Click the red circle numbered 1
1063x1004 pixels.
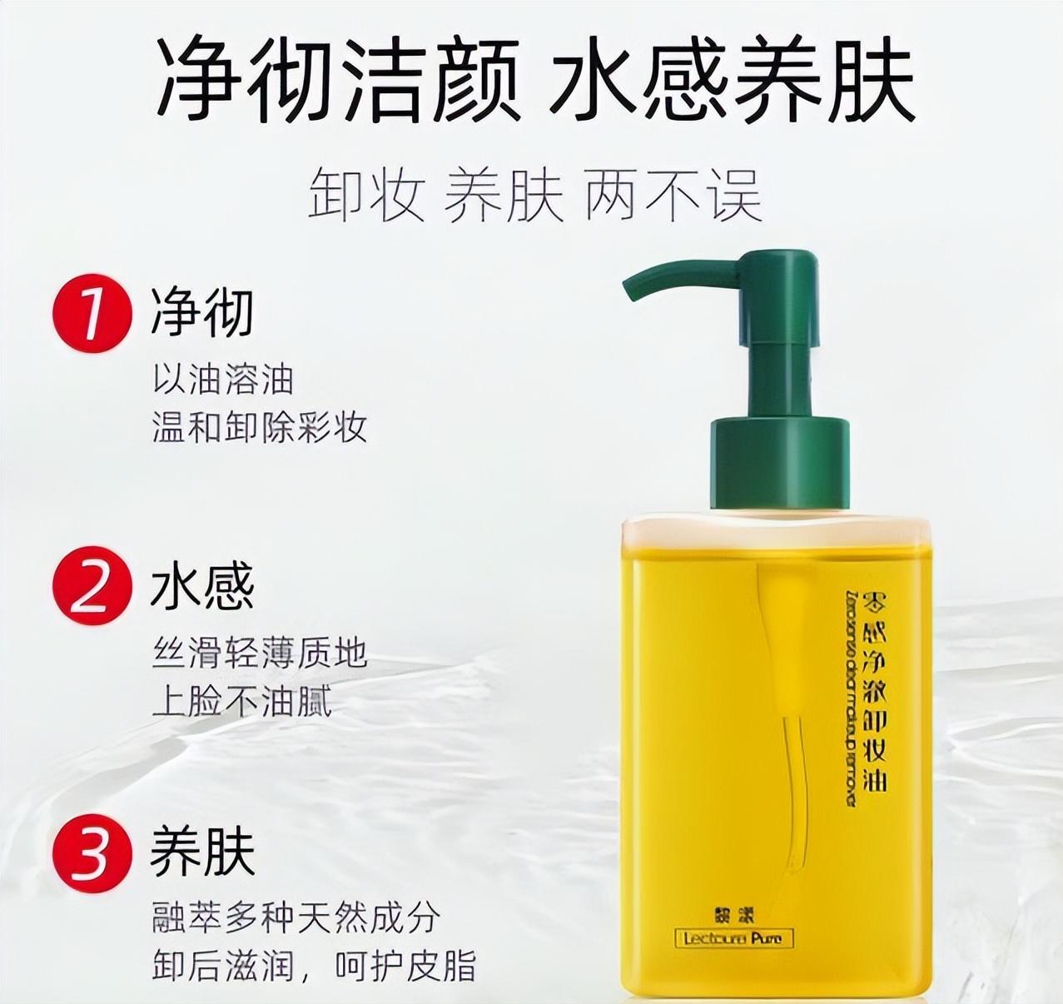(x=92, y=313)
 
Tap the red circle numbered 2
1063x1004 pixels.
(x=92, y=586)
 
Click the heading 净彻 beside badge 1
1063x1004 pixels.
(x=202, y=313)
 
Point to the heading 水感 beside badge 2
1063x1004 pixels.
(x=202, y=586)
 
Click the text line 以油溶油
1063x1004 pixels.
(x=223, y=380)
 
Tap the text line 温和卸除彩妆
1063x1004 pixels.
(x=259, y=427)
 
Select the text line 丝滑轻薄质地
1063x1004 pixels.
(x=259, y=653)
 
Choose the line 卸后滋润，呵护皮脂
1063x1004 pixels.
(x=314, y=966)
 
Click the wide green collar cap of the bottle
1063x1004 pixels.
(x=778, y=462)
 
